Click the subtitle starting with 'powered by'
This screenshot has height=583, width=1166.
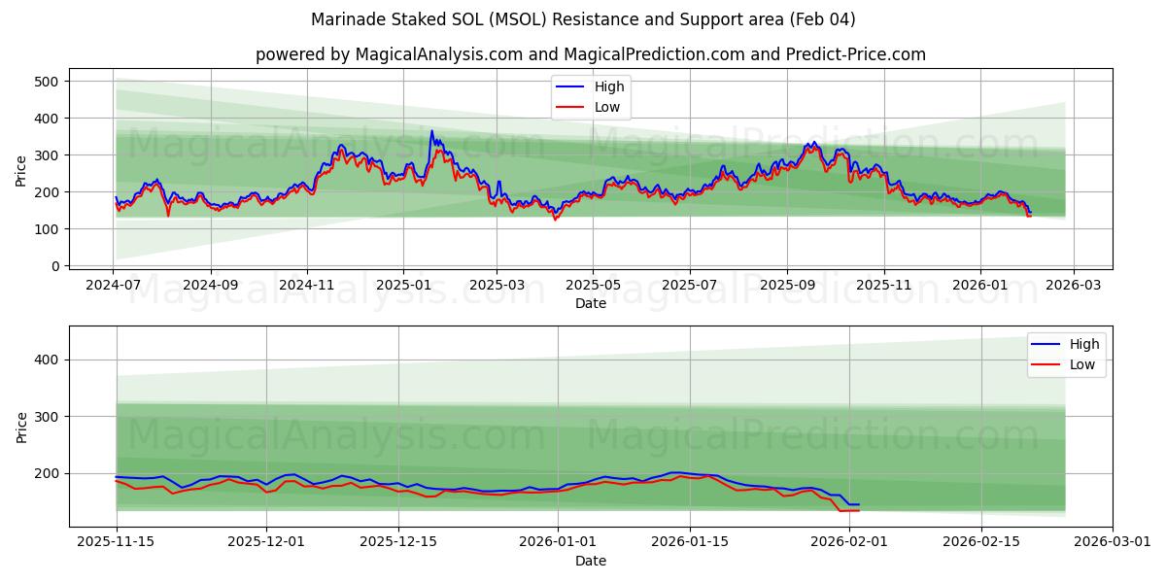[590, 54]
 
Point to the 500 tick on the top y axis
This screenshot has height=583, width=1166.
[46, 82]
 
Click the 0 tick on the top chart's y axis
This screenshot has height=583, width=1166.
[54, 266]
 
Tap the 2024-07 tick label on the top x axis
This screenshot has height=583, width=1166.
[114, 286]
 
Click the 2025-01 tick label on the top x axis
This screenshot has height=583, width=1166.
[403, 286]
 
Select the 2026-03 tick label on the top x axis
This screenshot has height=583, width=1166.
[1074, 286]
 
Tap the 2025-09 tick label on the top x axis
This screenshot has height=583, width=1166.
[787, 286]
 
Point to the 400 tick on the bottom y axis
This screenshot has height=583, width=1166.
[46, 360]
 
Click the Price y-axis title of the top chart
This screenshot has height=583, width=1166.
[21, 171]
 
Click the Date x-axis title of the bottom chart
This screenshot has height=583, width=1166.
[590, 561]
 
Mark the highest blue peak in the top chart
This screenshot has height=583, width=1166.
[432, 131]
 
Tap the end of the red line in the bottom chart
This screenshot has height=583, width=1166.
[858, 510]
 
